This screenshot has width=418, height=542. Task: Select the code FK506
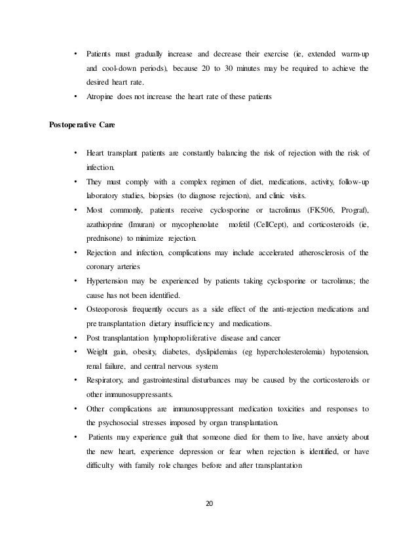pos(318,209)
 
